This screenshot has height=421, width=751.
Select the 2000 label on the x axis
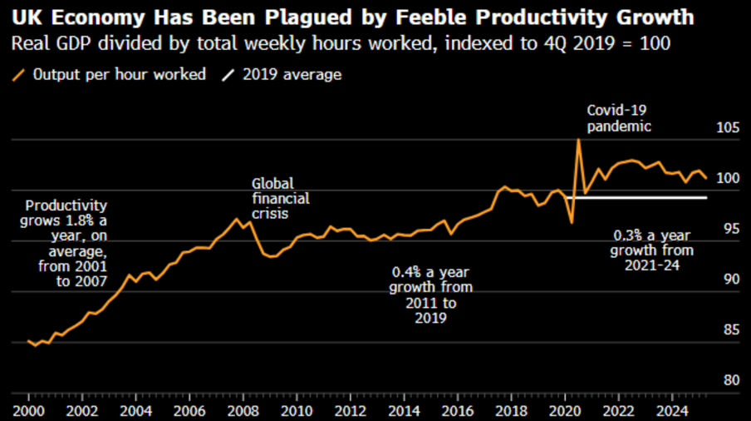[28, 411]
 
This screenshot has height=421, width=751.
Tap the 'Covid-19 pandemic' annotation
[619, 118]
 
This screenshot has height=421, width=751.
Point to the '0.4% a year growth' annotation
[431, 295]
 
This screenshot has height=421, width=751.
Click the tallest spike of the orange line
[578, 139]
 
